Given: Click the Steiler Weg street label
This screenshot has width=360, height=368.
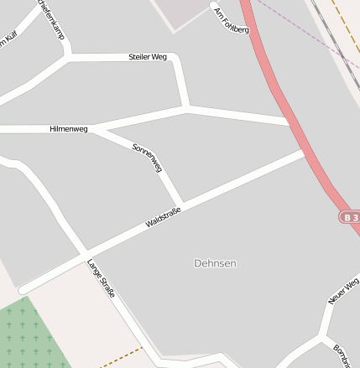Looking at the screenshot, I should (x=148, y=57).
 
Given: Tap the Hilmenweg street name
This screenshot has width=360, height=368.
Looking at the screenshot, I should (x=69, y=129).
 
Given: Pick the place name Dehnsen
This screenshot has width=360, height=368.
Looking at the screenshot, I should (x=215, y=263).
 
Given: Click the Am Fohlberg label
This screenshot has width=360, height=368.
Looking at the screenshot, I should (x=232, y=20).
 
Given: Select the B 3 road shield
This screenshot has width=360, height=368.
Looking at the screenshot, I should (x=351, y=216).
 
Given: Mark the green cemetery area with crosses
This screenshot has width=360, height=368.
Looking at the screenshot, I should (x=29, y=335).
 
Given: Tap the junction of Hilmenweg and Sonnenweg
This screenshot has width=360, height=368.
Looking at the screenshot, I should (x=92, y=129).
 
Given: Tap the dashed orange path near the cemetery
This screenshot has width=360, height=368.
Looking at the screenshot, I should (x=122, y=357).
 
